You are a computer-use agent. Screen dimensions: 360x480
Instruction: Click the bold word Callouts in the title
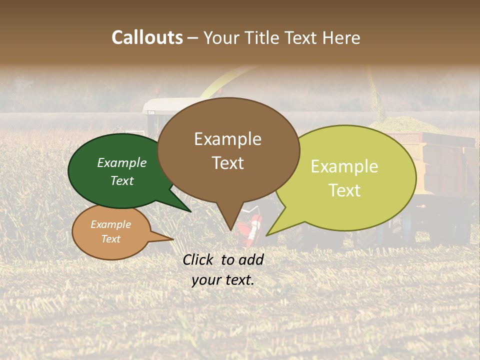pyautogui.click(x=147, y=37)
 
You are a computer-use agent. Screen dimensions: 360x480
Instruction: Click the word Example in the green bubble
pyautogui.click(x=121, y=163)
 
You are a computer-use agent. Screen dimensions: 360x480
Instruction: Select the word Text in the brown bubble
pyautogui.click(x=228, y=163)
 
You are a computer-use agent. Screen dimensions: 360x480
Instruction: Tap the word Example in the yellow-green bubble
pyautogui.click(x=344, y=166)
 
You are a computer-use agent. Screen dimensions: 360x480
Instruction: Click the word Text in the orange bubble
pyautogui.click(x=111, y=239)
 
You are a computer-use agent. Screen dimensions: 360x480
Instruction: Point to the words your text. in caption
pyautogui.click(x=223, y=280)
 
